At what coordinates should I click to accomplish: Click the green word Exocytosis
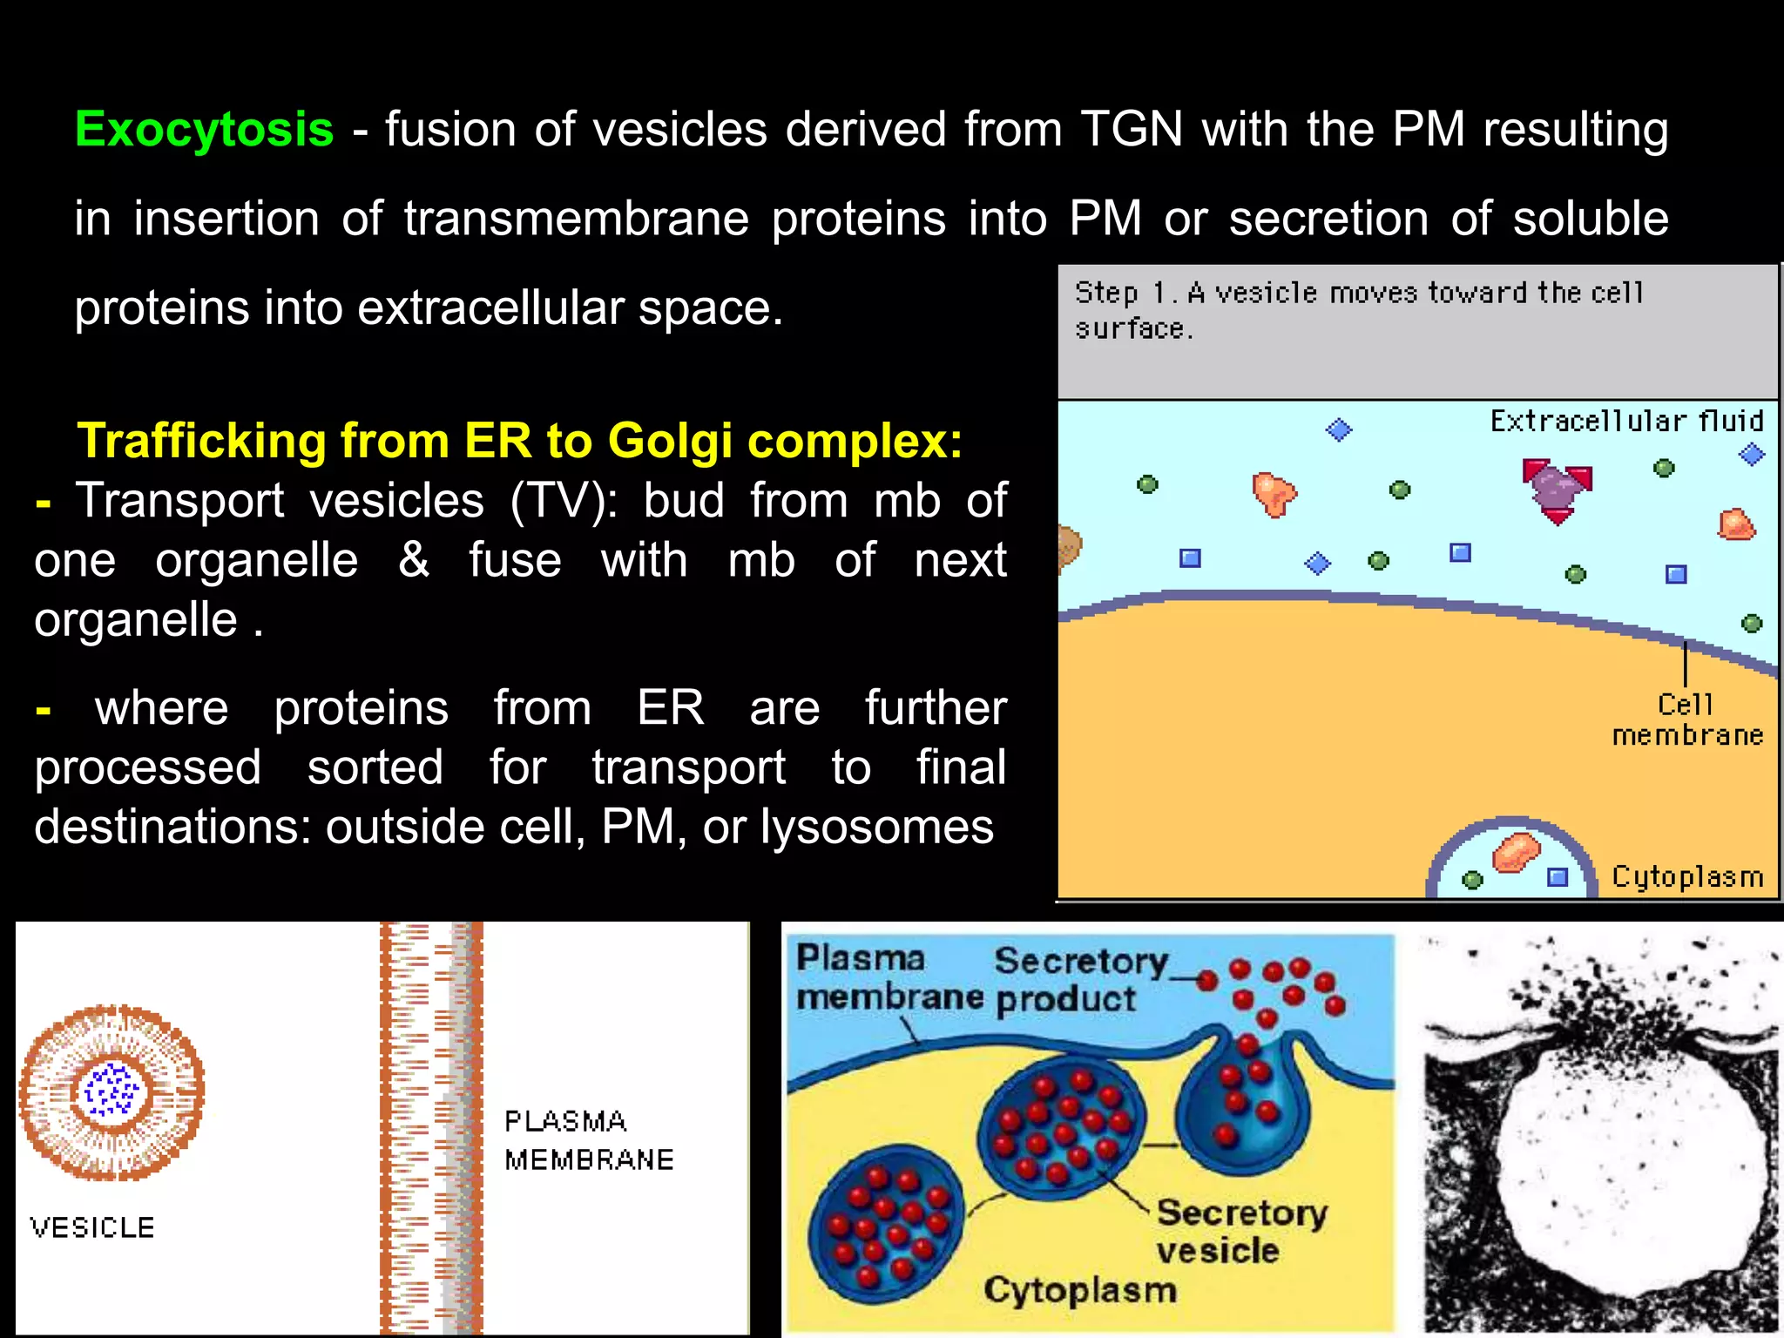point(204,130)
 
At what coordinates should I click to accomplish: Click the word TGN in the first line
point(1132,130)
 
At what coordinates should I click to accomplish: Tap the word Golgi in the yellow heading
point(670,440)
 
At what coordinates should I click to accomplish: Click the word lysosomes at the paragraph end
point(875,827)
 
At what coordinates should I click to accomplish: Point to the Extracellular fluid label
point(1626,422)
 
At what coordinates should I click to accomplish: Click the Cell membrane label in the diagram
point(1686,720)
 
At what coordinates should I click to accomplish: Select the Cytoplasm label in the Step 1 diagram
point(1687,876)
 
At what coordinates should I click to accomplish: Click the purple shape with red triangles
point(1555,487)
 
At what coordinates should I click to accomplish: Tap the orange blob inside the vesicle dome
point(1516,852)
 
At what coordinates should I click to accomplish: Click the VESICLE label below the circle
point(92,1227)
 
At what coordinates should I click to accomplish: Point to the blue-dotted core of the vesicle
point(111,1090)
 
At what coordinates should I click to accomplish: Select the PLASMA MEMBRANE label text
point(588,1140)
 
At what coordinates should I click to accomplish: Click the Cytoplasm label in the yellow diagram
point(1080,1290)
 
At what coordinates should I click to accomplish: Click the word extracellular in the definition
point(490,308)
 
